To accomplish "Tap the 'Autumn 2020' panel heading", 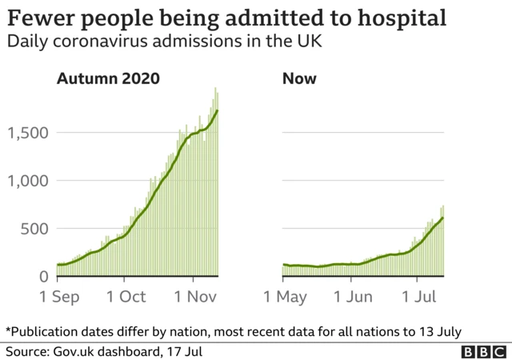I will pyautogui.click(x=107, y=78).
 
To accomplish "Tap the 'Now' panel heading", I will pyautogui.click(x=299, y=78).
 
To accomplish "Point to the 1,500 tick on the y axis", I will pyautogui.click(x=28, y=133).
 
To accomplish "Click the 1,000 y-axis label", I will pyautogui.click(x=28, y=181).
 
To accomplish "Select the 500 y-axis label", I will pyautogui.click(x=35, y=229).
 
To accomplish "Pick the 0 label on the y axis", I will pyautogui.click(x=45, y=277).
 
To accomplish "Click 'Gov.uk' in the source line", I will pyautogui.click(x=73, y=351).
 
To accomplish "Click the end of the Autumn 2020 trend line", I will pyautogui.click(x=218, y=110).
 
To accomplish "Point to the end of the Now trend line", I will pyautogui.click(x=443, y=218).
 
